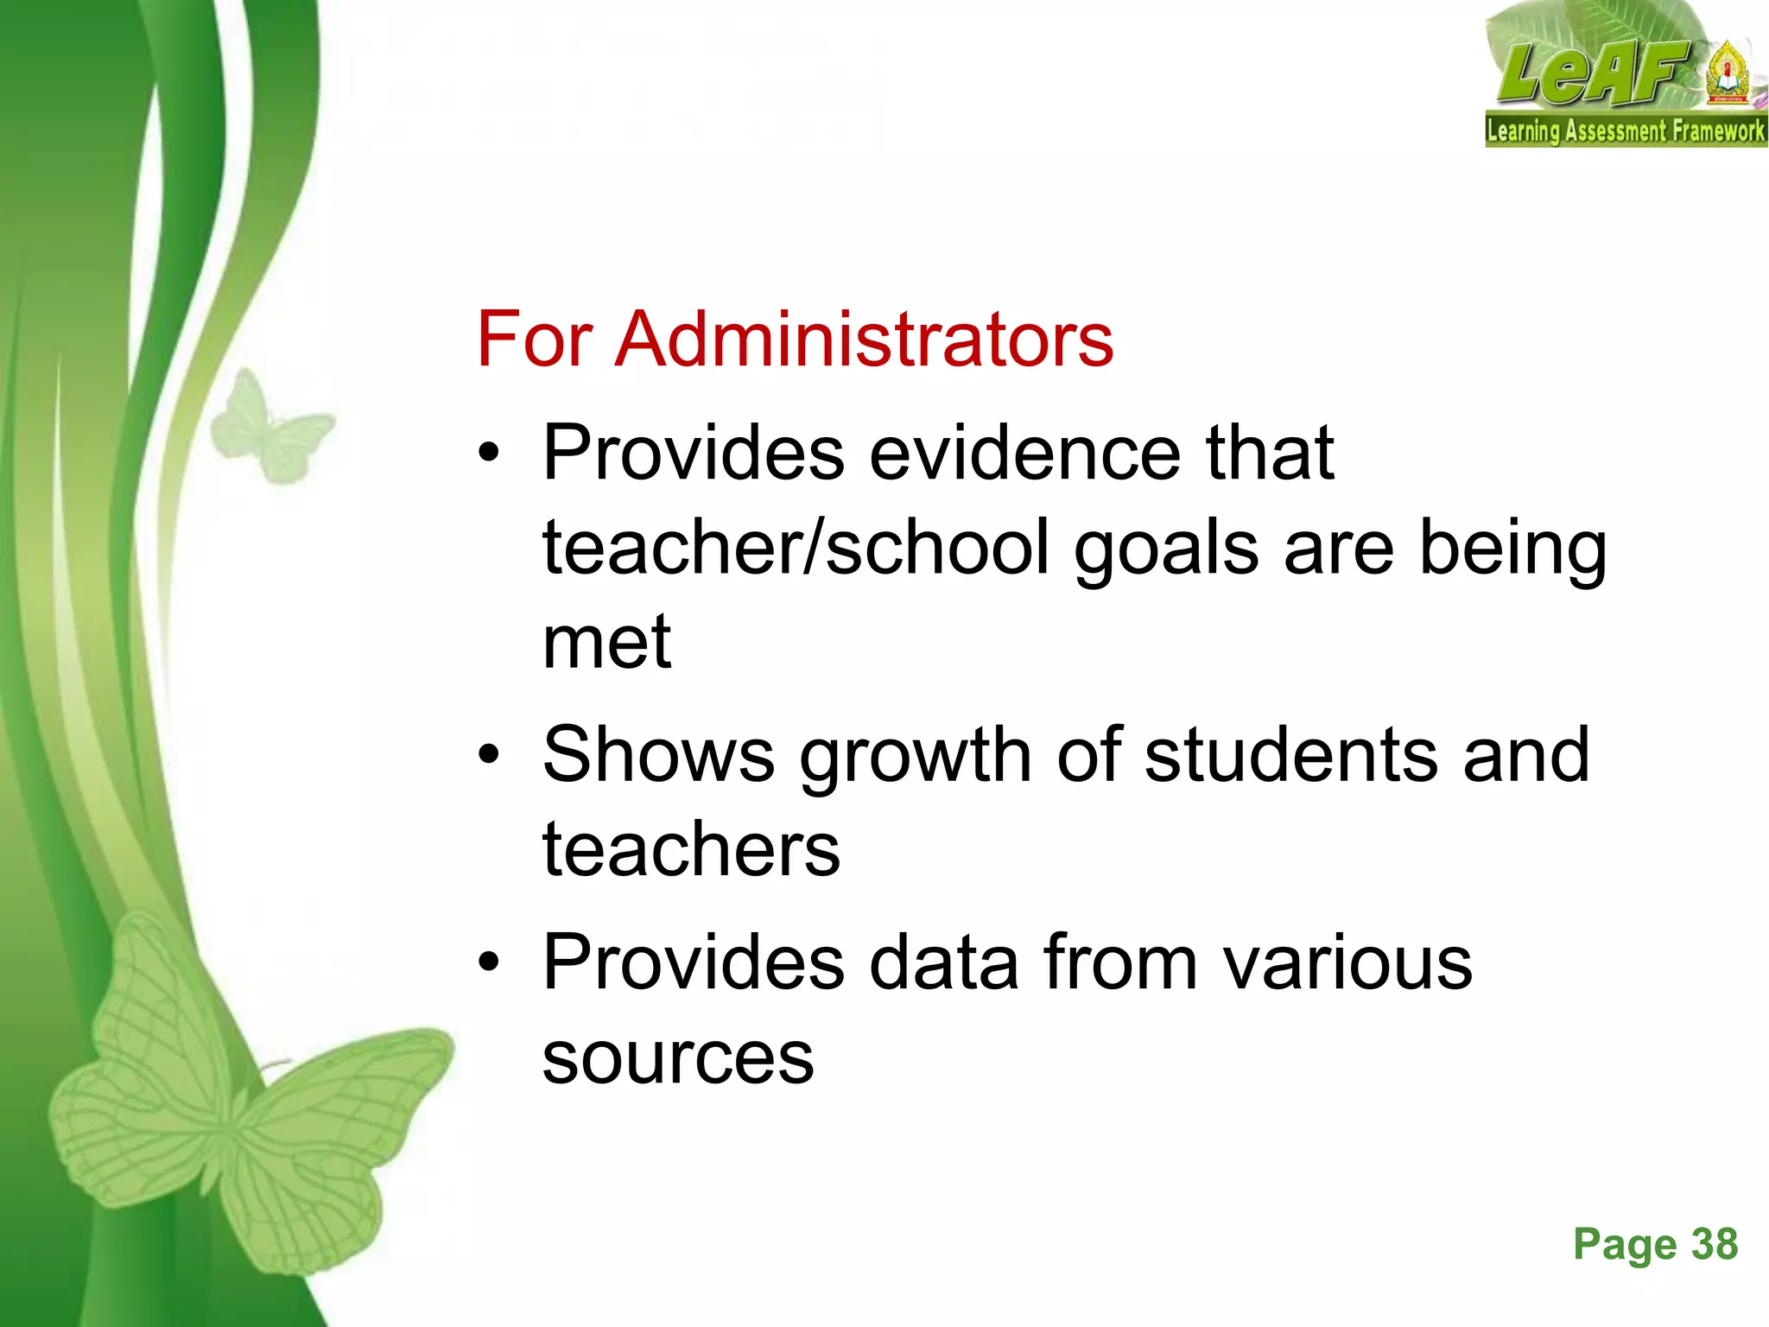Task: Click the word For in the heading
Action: pos(534,339)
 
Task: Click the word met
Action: pos(606,643)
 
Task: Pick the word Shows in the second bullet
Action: pos(658,754)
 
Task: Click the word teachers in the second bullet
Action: pos(691,850)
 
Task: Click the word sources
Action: pos(678,1059)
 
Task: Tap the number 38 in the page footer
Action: pos(1714,1245)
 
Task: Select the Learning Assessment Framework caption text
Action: pos(1626,131)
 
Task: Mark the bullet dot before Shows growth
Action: pos(489,755)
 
